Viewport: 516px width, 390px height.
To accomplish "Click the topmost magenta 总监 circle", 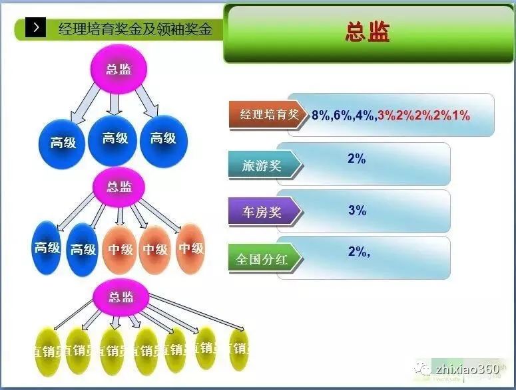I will click(x=119, y=68).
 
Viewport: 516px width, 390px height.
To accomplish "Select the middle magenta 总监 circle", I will click(x=119, y=186).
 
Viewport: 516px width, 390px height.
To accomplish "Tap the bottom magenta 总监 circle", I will click(x=121, y=297).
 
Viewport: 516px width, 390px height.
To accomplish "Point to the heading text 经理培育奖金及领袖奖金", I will click(x=135, y=28).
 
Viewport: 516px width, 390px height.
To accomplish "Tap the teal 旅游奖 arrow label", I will click(x=263, y=165).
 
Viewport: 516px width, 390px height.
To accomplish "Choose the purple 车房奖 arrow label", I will click(x=263, y=213).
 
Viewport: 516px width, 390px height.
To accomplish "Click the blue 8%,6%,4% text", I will click(x=342, y=115).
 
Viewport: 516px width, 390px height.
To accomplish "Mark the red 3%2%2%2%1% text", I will click(x=423, y=115).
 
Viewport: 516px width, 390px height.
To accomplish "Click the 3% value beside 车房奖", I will click(x=357, y=211).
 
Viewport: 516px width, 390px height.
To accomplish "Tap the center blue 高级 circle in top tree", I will click(x=115, y=139).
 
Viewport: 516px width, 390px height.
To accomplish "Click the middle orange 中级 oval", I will click(x=155, y=249).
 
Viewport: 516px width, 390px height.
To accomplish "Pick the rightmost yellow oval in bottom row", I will click(x=238, y=348).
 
